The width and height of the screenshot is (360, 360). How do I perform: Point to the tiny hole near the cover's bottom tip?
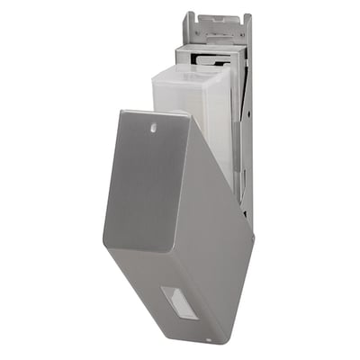point(208,340)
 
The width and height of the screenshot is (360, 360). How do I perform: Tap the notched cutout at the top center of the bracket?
point(216,17)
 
